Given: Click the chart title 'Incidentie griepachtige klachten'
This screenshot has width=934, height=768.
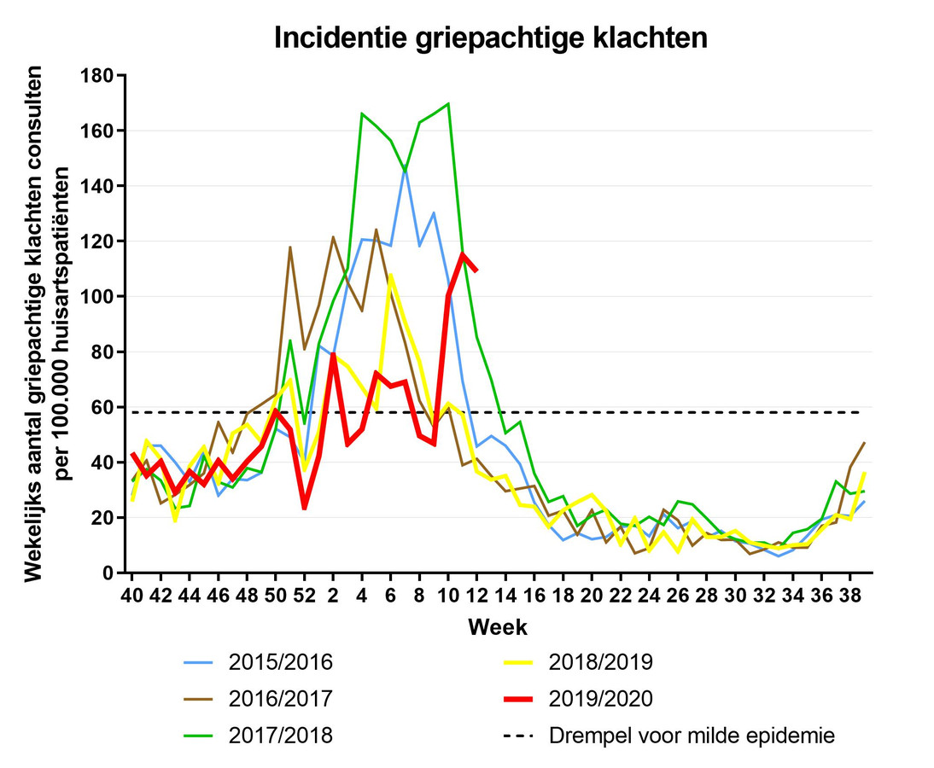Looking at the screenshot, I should click(490, 38).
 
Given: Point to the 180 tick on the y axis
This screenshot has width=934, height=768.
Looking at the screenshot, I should click(96, 76).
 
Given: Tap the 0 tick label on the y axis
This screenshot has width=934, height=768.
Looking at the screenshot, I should click(108, 573).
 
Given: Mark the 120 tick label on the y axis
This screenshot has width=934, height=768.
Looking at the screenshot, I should click(96, 241).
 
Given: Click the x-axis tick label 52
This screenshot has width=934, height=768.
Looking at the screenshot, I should click(304, 596).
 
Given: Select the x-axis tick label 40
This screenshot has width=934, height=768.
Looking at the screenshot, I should click(132, 596).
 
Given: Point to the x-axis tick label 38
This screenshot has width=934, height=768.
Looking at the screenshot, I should click(849, 596).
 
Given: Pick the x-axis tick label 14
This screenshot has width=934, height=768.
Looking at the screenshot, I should click(505, 596).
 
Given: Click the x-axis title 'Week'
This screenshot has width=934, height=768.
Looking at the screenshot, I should click(497, 628).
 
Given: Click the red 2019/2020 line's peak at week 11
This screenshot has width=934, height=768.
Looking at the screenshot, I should click(463, 253).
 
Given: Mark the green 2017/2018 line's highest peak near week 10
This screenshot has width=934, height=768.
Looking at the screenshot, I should click(448, 104).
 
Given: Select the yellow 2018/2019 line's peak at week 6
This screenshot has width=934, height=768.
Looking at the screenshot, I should click(390, 276).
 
